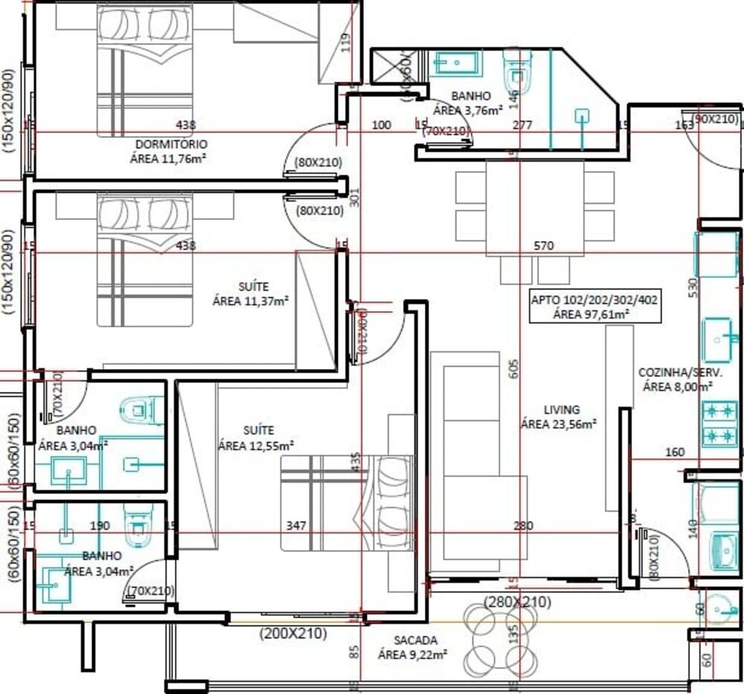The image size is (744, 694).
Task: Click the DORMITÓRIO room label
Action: tap(171, 144)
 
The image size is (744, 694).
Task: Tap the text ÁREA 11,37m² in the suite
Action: tap(251, 301)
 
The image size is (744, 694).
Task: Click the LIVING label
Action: tap(561, 410)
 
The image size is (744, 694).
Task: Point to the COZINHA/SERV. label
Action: tap(676, 373)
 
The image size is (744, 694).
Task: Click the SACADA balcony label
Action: tap(415, 640)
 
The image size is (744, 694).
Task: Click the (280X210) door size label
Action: tap(517, 601)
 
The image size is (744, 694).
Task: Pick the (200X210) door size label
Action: tap(293, 634)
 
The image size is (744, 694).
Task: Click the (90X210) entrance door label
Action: tap(716, 119)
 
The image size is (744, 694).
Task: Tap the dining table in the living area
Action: tap(534, 208)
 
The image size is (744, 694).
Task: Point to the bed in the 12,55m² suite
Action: tap(346, 504)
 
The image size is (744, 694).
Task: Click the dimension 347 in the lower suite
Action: tap(297, 525)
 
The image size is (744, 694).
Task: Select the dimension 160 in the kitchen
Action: tap(674, 452)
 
